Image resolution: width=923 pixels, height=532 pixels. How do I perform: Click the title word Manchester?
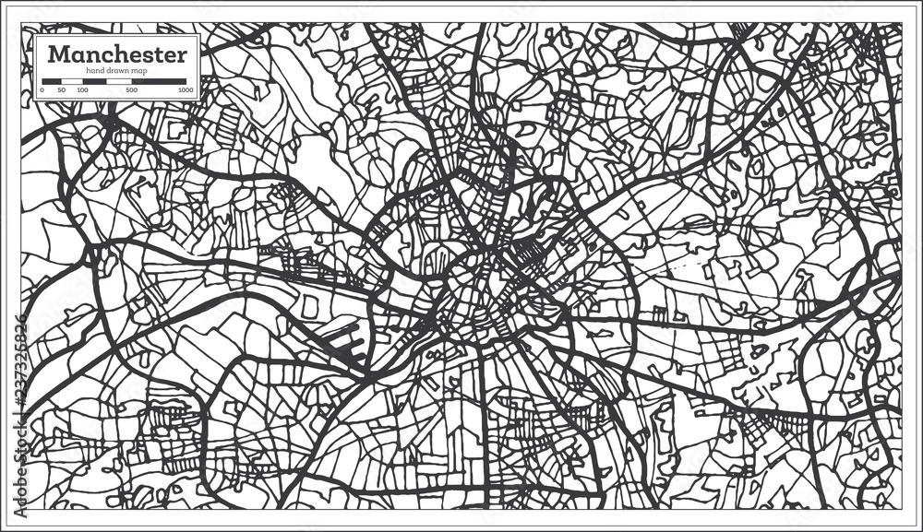click(117, 53)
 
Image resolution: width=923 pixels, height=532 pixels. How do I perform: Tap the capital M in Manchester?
click(57, 53)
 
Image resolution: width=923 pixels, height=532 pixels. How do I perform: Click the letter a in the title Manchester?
click(75, 55)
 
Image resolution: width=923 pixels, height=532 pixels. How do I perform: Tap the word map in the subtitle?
click(139, 71)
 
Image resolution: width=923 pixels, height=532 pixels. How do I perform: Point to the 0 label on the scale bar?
click(42, 90)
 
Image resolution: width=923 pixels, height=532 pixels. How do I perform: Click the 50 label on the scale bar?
click(61, 90)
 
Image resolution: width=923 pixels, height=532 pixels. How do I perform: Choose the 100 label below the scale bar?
click(82, 90)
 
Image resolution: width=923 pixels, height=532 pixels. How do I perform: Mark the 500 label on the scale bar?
click(131, 90)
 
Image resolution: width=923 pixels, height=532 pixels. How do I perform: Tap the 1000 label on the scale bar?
click(186, 90)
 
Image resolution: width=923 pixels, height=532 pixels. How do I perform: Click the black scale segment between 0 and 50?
click(52, 82)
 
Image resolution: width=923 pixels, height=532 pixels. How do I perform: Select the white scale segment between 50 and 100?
click(71, 82)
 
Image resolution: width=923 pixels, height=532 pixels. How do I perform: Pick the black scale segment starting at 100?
click(94, 82)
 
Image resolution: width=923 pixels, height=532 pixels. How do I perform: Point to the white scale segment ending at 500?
click(119, 82)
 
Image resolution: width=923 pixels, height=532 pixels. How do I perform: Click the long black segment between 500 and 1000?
click(160, 82)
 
